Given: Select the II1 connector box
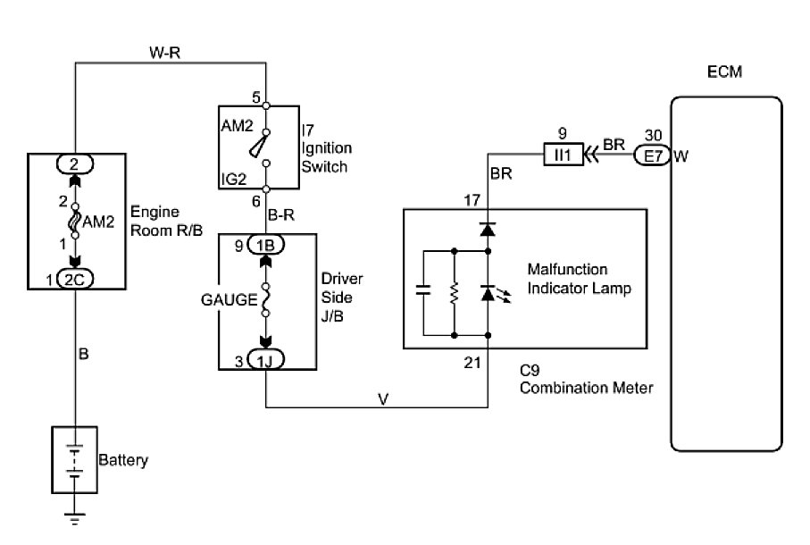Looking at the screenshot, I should [x=562, y=156].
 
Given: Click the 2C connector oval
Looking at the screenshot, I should [x=76, y=279].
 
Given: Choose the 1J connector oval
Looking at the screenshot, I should [x=266, y=361].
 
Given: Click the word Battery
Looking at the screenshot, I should [x=123, y=461].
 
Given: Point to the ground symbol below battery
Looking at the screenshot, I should [x=76, y=518].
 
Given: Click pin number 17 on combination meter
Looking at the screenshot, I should [x=474, y=199].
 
